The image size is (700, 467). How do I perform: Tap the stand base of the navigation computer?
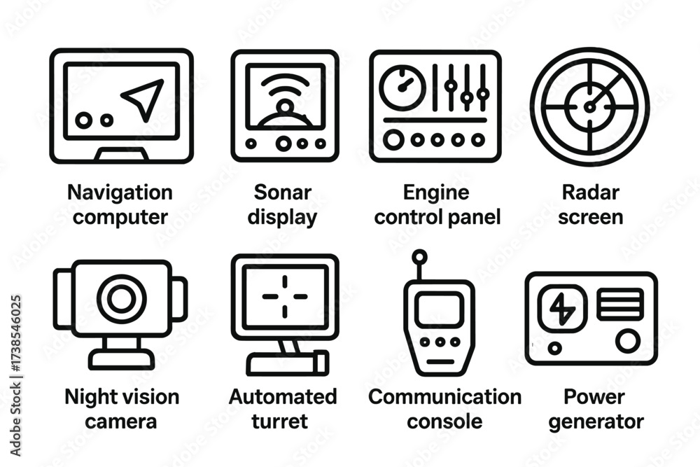pyautogui.click(x=121, y=153)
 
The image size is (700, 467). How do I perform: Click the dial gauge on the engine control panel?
pyautogui.click(x=402, y=88)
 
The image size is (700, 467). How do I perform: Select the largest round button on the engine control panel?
pyautogui.click(x=393, y=140)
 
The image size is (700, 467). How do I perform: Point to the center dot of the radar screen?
pyautogui.click(x=589, y=107)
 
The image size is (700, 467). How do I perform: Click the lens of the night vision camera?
pyautogui.click(x=121, y=299)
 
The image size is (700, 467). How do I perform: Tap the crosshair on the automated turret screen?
pyautogui.click(x=285, y=296)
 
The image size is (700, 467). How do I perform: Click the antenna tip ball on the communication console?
pyautogui.click(x=419, y=257)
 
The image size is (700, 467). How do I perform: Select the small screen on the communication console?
pyautogui.click(x=439, y=309)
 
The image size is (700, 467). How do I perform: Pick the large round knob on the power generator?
pyautogui.click(x=628, y=341)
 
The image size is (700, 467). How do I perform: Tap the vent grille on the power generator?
pyautogui.click(x=620, y=304)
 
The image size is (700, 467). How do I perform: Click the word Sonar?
pyautogui.click(x=283, y=193)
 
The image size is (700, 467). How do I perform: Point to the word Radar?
pyautogui.click(x=591, y=193)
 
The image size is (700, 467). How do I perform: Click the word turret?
pyautogui.click(x=280, y=421)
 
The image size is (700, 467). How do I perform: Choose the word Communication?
pyautogui.click(x=445, y=397)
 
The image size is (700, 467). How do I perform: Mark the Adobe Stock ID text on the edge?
pyautogui.click(x=15, y=376)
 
